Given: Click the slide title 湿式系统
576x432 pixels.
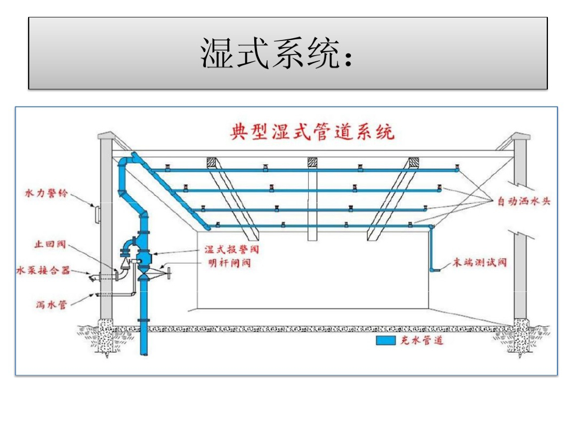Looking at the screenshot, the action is pyautogui.click(x=270, y=53).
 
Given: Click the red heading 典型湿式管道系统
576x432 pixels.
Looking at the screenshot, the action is pyautogui.click(x=312, y=132).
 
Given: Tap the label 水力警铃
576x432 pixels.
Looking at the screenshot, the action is pyautogui.click(x=46, y=193).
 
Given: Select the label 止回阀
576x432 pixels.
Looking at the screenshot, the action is pyautogui.click(x=50, y=244).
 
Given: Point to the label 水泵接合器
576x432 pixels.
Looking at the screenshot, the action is pyautogui.click(x=43, y=271).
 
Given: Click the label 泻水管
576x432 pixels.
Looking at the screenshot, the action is pyautogui.click(x=51, y=304).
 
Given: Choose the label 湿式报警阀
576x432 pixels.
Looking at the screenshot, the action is pyautogui.click(x=232, y=250).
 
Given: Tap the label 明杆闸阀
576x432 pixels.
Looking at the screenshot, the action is pyautogui.click(x=229, y=263).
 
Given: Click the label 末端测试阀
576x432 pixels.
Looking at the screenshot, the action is pyautogui.click(x=479, y=262).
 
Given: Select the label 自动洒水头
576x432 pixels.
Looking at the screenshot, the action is pyautogui.click(x=524, y=201).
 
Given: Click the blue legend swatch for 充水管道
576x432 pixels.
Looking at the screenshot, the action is pyautogui.click(x=386, y=340).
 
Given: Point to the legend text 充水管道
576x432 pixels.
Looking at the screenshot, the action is pyautogui.click(x=422, y=340).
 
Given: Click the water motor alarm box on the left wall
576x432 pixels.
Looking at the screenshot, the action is pyautogui.click(x=97, y=214).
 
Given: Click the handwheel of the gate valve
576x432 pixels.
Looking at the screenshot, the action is pyautogui.click(x=169, y=274).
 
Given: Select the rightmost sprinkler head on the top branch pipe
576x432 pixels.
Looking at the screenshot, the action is pyautogui.click(x=457, y=167).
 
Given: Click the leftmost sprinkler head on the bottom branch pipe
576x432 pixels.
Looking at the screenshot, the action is pyautogui.click(x=218, y=224).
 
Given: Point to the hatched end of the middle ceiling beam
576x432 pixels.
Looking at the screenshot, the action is pyautogui.click(x=312, y=162).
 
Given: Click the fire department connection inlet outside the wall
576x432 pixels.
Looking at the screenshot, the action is pyautogui.click(x=92, y=278).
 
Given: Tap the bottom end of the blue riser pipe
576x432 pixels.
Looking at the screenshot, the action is pyautogui.click(x=145, y=354).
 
